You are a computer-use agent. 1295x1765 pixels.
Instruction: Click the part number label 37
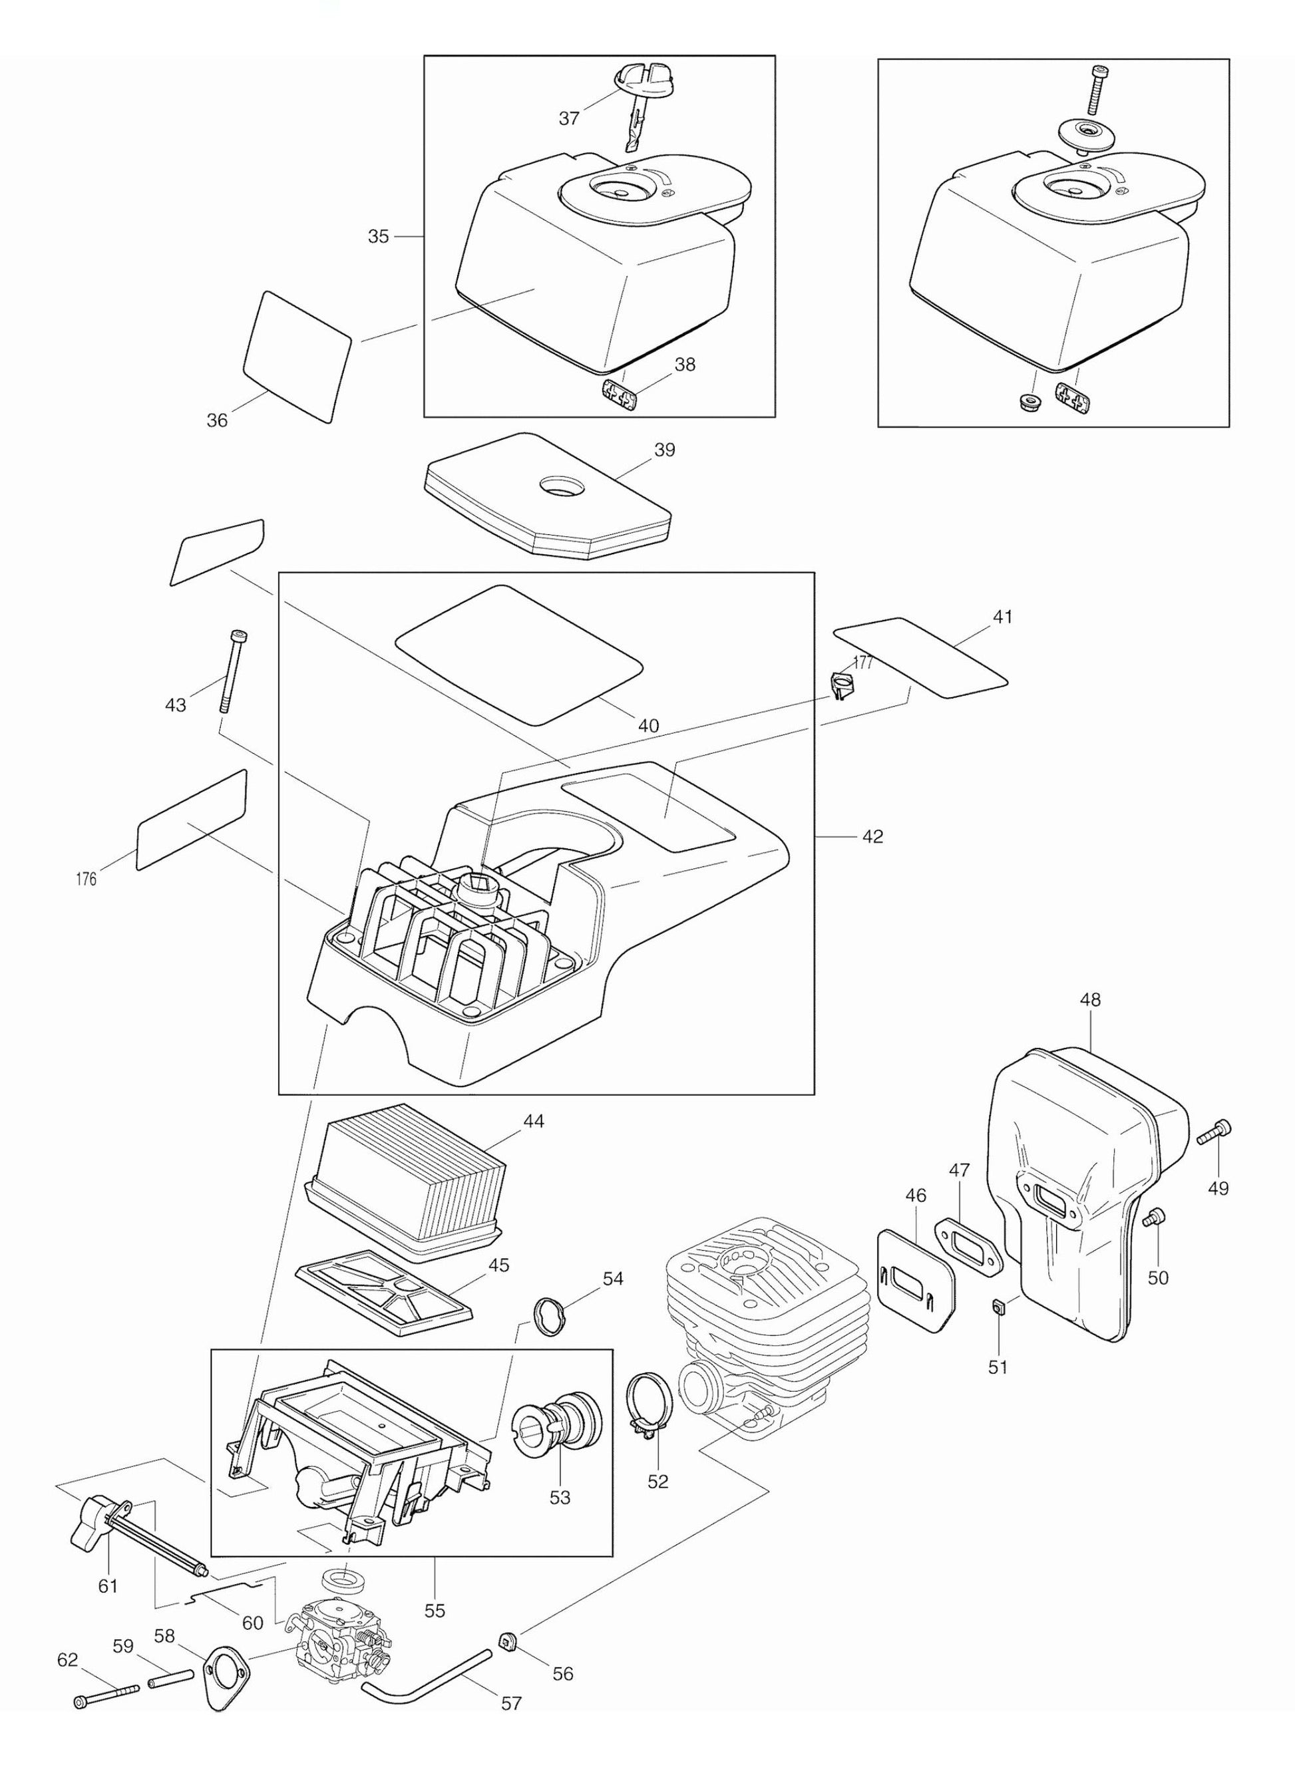coord(568,118)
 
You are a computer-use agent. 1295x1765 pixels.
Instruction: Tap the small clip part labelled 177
coord(840,686)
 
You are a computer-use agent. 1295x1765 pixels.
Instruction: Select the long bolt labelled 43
coord(233,670)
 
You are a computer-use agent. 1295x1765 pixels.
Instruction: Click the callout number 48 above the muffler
coord(1089,1000)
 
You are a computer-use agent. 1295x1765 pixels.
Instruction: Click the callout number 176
coord(87,880)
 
